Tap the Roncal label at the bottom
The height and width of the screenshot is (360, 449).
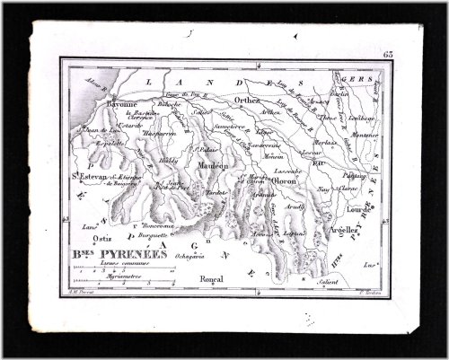[x=214, y=278]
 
